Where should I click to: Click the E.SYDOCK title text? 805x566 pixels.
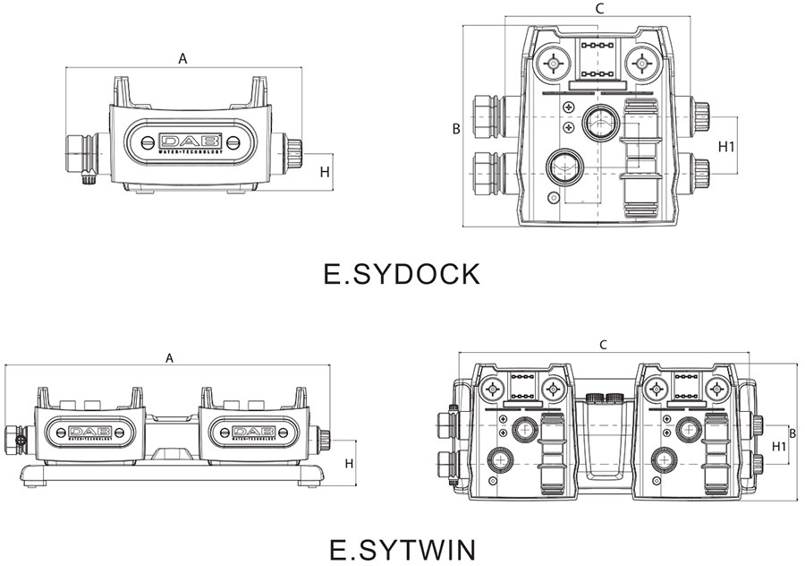402,273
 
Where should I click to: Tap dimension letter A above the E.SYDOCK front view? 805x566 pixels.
182,59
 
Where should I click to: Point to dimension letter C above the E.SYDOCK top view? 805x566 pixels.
600,9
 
